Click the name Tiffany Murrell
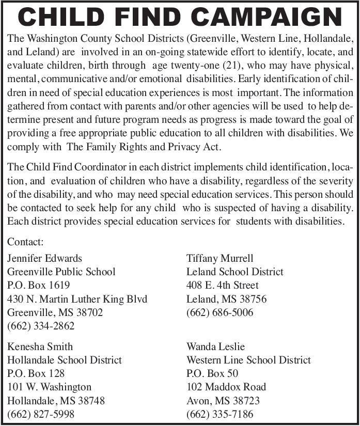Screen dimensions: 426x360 point(220,258)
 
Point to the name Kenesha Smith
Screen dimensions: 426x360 point(40,346)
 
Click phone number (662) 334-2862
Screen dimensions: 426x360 point(41,326)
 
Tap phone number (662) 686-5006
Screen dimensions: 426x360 point(220,312)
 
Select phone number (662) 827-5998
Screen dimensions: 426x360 point(41,414)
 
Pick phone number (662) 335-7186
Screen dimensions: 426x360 point(220,414)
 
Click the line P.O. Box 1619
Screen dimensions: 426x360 point(38,285)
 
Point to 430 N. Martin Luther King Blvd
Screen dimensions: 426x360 point(77,299)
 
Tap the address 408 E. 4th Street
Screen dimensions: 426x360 point(223,285)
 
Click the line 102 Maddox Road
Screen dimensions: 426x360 point(226,387)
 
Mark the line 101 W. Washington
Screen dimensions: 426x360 point(49,387)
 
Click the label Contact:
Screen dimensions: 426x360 point(25,242)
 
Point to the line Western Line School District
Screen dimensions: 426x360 point(248,360)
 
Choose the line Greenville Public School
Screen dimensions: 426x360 point(61,272)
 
